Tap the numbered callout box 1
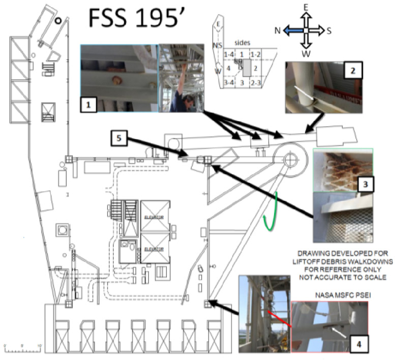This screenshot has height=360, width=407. point(89,105)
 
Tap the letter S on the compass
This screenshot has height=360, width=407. point(329,31)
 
